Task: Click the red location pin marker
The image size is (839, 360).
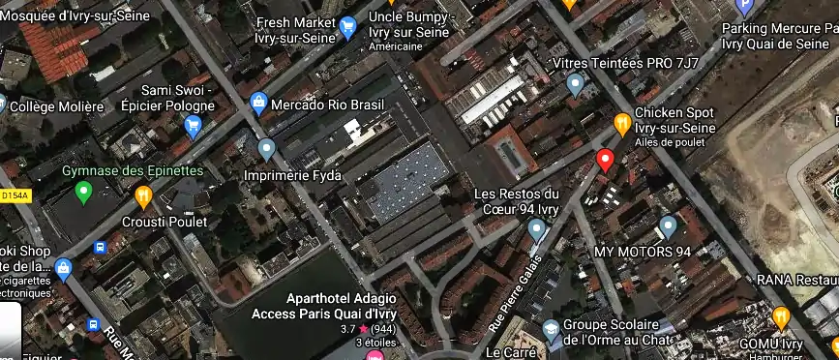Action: pyautogui.click(x=606, y=160)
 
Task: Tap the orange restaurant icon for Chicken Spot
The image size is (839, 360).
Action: pyautogui.click(x=623, y=123)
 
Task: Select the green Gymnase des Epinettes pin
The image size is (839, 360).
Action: pyautogui.click(x=83, y=193)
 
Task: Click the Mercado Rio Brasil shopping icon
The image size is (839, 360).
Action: pyautogui.click(x=258, y=103)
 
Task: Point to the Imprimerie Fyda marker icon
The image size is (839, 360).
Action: pyautogui.click(x=267, y=149)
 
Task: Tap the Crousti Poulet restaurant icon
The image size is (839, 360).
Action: pyautogui.click(x=143, y=197)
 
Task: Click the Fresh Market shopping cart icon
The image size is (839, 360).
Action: pyautogui.click(x=348, y=29)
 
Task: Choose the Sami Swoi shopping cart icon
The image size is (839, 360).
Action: pyautogui.click(x=193, y=124)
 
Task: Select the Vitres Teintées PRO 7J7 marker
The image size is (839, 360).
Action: pyautogui.click(x=576, y=85)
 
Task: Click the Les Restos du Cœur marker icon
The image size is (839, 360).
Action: pyautogui.click(x=537, y=229)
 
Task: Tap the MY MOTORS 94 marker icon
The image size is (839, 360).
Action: pyautogui.click(x=667, y=226)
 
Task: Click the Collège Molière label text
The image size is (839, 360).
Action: pyautogui.click(x=57, y=106)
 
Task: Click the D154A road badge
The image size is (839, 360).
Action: pyautogui.click(x=15, y=195)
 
